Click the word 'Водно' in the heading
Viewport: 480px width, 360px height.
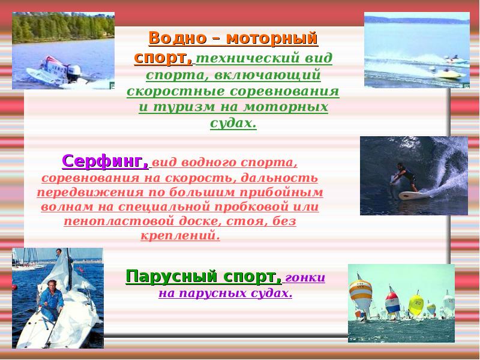(175, 38)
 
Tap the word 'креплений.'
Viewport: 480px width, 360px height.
(181, 235)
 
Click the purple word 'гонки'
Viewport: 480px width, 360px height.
(306, 278)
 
